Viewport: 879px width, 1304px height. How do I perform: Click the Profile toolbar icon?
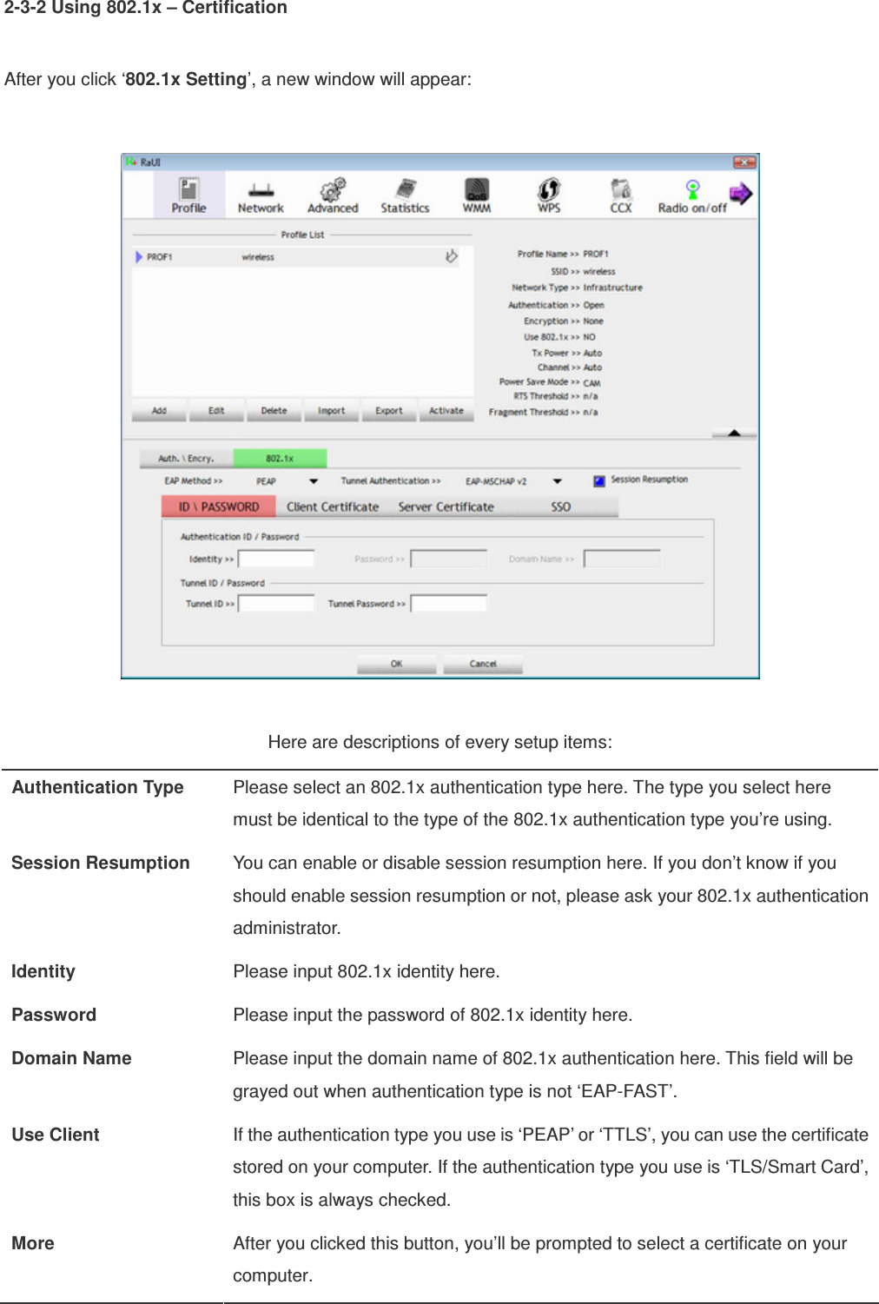coord(188,195)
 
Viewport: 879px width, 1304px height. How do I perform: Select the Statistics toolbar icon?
coord(405,195)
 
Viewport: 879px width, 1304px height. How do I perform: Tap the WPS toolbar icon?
coord(549,195)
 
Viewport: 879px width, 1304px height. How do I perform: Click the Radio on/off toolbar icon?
coord(692,195)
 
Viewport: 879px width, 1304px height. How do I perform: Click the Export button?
coord(388,411)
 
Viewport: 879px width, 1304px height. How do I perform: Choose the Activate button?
coord(446,411)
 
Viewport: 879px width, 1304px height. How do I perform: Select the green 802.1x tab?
coord(280,458)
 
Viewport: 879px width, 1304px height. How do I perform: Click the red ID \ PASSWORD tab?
coord(219,506)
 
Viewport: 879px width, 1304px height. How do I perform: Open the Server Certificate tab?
coord(446,506)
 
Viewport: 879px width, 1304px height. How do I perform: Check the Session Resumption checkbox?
coord(599,480)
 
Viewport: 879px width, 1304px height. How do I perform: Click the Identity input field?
coord(276,559)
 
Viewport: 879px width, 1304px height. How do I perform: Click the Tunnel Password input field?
coord(448,603)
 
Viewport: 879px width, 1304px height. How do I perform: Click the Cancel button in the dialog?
coord(483,664)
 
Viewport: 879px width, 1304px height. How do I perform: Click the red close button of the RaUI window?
coord(744,162)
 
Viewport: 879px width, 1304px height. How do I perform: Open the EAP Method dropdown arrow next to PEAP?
coord(314,481)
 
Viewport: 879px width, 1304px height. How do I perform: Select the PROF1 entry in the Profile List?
coord(160,257)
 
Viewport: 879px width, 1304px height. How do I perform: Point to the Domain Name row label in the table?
coord(72,1058)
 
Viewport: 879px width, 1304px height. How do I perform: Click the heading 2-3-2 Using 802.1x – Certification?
coord(146,9)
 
